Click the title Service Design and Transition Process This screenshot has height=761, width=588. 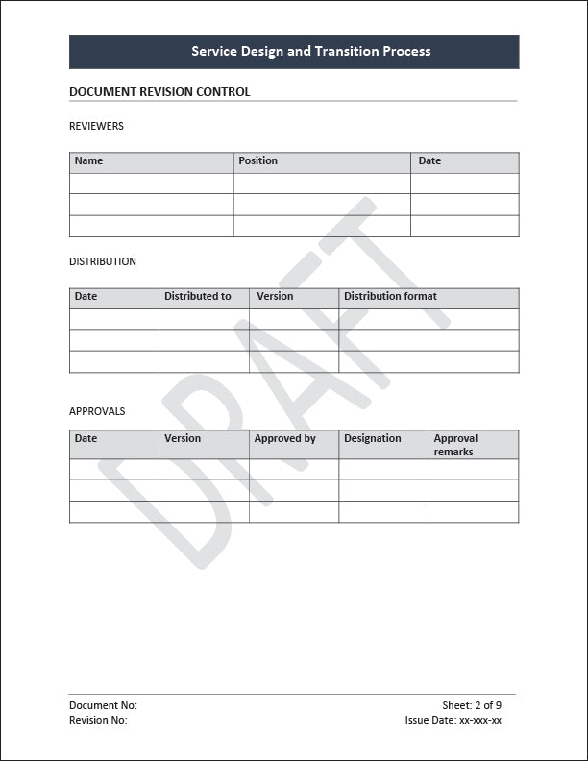tap(310, 51)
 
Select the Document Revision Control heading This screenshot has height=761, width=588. tap(159, 92)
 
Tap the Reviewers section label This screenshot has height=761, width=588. tap(96, 126)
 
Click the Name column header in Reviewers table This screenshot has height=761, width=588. tap(88, 160)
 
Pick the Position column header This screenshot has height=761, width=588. tap(257, 160)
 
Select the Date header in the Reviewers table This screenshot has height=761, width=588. tap(429, 160)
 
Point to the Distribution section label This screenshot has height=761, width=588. tap(103, 261)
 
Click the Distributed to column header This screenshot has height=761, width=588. tap(198, 296)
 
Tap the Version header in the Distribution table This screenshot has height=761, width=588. tap(275, 296)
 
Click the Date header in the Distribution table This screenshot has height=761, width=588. tap(86, 296)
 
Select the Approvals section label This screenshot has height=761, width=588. tap(97, 411)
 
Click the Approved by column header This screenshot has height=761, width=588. tap(284, 438)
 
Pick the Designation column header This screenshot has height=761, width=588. tap(373, 438)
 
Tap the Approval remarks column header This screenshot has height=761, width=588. tap(455, 445)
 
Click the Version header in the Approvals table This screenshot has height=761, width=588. tap(183, 438)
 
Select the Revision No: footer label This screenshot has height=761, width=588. tap(98, 720)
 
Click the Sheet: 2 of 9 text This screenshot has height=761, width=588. tap(472, 705)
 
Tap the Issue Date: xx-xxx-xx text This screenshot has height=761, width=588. tap(453, 720)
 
